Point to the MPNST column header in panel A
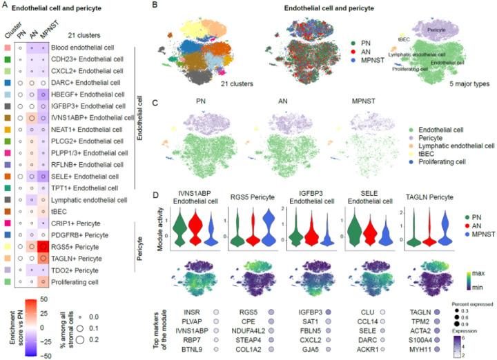click(x=46, y=30)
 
